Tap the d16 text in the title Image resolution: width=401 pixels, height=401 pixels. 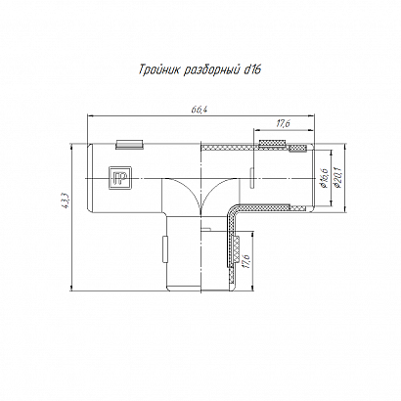click(252, 69)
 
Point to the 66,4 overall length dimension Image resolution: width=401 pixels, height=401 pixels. click(200, 111)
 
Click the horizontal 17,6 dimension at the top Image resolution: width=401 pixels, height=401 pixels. click(284, 124)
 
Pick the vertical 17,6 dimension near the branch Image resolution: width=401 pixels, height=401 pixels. click(246, 261)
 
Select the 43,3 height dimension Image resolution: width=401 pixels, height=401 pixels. click(66, 200)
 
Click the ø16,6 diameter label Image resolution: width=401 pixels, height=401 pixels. click(324, 178)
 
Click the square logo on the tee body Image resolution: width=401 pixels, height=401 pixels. click(119, 178)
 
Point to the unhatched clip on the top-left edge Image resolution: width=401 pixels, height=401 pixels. click(130, 145)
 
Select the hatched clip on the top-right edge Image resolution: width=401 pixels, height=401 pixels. click(273, 144)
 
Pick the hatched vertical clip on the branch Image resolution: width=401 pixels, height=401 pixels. click(237, 249)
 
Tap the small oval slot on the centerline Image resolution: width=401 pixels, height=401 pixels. click(252, 178)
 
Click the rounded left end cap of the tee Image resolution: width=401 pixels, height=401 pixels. click(90, 178)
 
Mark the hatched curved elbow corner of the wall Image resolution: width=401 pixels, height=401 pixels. click(233, 212)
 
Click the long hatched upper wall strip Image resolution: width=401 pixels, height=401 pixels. click(231, 149)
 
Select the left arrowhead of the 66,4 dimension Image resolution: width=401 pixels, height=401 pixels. click(89, 115)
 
